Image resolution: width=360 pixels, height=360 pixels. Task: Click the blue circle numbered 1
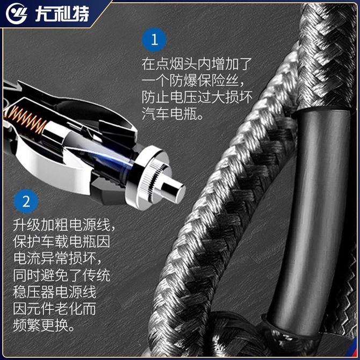point(154,39)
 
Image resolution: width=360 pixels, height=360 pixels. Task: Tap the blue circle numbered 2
point(26,201)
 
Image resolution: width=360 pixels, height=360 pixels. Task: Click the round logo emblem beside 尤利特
point(16,13)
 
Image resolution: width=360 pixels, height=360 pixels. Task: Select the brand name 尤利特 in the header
point(62,14)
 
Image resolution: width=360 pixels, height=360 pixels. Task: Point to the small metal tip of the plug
point(174,189)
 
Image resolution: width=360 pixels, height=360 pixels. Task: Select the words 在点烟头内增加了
point(197,64)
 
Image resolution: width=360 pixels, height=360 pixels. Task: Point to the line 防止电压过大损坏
point(197,97)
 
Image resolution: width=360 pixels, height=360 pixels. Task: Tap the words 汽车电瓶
point(169,114)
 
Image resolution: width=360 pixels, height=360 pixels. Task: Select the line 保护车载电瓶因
point(62,242)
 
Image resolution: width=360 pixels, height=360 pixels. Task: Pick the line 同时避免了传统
point(62,275)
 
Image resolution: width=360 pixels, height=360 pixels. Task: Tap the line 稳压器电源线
point(54,292)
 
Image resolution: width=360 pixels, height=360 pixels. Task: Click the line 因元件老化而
point(54,308)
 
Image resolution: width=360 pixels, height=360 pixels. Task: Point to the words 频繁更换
point(41,325)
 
